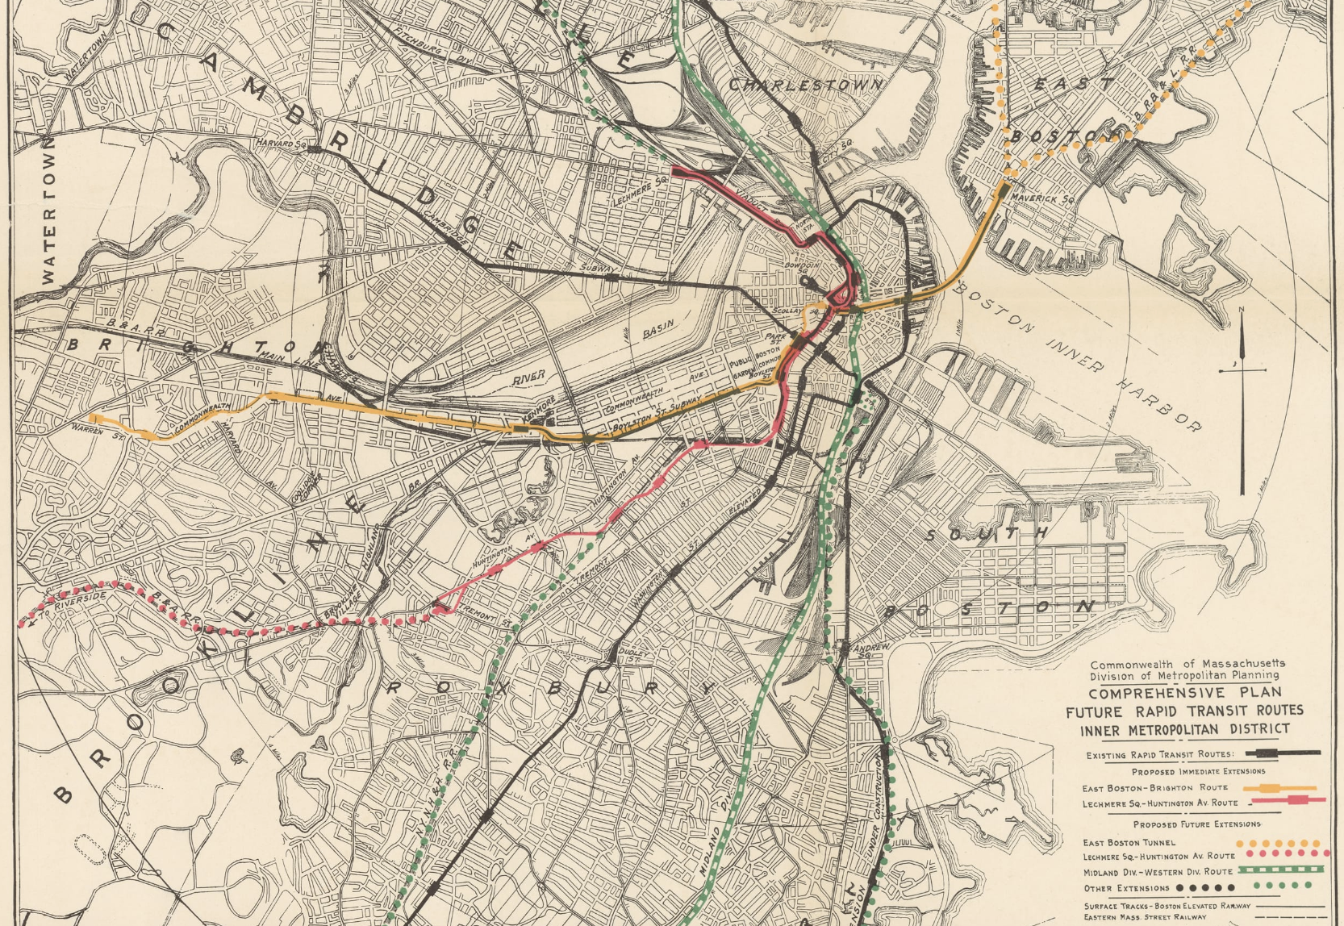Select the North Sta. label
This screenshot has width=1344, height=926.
tap(802, 229)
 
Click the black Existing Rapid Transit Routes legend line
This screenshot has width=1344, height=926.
tap(1283, 753)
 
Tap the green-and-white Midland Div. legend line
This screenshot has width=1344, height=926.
tap(1282, 870)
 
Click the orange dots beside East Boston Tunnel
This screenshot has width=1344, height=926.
tap(1283, 843)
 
